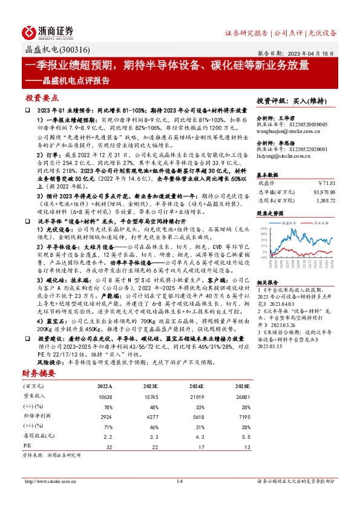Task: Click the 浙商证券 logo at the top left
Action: point(48,31)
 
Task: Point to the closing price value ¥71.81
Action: point(327,182)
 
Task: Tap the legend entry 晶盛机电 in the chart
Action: point(289,223)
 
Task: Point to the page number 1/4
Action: point(179,498)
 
